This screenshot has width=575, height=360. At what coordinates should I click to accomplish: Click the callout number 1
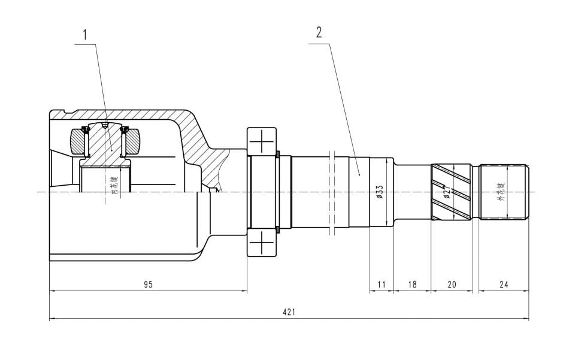pos(84,34)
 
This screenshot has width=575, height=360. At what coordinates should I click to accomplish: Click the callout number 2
pos(319,32)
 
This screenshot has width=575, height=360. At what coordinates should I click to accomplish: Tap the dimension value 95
pos(148,285)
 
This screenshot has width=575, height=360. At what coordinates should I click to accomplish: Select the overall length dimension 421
pos(289,312)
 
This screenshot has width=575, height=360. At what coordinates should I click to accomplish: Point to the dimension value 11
pos(382,285)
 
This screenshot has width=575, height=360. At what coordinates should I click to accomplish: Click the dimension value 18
pos(412,285)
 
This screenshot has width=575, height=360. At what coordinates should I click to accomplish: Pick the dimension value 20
pos(452,285)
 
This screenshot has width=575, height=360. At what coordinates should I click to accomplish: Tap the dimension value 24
pos(504,285)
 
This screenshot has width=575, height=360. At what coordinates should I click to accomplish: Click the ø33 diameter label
pos(379,192)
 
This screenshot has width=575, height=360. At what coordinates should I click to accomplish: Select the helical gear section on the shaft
pos(451,191)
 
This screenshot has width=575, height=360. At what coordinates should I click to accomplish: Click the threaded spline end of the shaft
pos(504,191)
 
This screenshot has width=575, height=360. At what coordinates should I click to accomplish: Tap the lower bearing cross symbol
pos(262,244)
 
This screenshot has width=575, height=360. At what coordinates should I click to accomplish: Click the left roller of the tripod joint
pos(78,141)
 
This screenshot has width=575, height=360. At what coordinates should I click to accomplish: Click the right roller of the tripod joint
pos(133,141)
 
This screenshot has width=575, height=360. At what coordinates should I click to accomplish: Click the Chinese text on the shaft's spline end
pos(501,191)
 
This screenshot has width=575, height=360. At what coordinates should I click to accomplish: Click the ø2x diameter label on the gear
pos(446,192)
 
